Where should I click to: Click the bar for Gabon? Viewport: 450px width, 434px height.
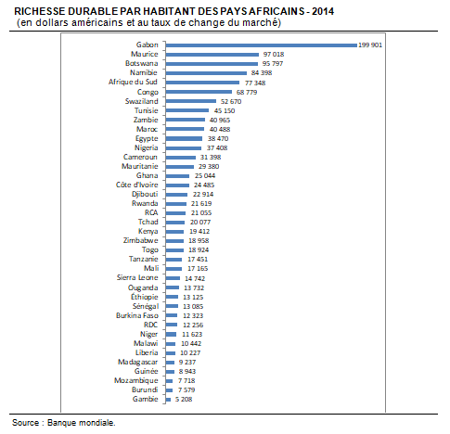click(262, 45)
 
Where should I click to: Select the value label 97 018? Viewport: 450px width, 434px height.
click(274, 55)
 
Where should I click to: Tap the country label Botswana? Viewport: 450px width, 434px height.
click(141, 63)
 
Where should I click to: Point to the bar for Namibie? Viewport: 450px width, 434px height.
click(206, 73)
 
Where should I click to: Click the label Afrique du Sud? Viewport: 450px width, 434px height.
click(133, 82)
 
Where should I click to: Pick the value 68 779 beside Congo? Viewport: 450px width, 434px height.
click(247, 92)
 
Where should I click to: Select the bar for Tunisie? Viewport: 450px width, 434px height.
click(187, 110)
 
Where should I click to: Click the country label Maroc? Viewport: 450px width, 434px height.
click(147, 129)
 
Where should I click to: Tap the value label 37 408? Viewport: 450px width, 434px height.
click(217, 148)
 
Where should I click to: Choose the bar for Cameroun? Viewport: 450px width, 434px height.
click(181, 158)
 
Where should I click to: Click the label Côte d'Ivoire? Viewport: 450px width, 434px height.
click(136, 185)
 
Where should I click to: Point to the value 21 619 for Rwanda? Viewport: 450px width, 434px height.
click(201, 204)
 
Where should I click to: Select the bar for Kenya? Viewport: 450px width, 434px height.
click(174, 232)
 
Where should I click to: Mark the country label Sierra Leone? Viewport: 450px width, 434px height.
click(137, 277)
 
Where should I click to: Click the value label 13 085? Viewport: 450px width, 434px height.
click(193, 307)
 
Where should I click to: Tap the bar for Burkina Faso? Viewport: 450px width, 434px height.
click(172, 315)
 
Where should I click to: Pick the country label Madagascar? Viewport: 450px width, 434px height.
click(137, 362)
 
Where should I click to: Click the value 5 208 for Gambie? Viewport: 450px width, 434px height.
click(184, 400)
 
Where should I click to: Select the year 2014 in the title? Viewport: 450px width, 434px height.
click(323, 11)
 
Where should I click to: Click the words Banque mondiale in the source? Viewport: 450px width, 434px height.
click(81, 423)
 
